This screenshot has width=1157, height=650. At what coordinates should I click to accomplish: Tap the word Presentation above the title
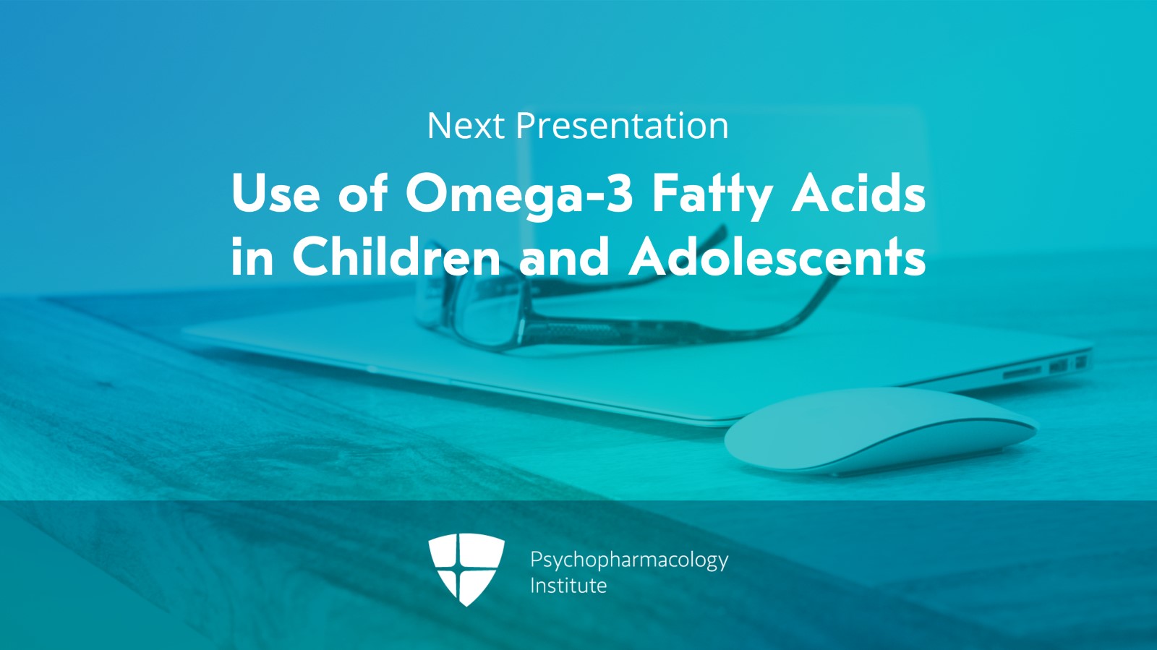pyautogui.click(x=622, y=126)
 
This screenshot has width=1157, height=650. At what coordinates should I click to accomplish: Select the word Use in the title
pyautogui.click(x=276, y=194)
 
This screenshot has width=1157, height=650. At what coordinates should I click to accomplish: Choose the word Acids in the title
pyautogui.click(x=858, y=194)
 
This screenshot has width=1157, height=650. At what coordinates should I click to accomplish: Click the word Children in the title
pyautogui.click(x=396, y=257)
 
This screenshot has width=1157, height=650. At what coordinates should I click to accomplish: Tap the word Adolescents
pyautogui.click(x=777, y=257)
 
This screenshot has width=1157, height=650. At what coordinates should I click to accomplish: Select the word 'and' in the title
pyautogui.click(x=565, y=257)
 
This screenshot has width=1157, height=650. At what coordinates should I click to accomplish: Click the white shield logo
pyautogui.click(x=466, y=568)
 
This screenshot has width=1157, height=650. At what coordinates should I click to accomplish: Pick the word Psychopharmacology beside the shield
pyautogui.click(x=628, y=560)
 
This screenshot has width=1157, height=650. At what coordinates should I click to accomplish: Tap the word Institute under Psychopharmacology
pyautogui.click(x=568, y=585)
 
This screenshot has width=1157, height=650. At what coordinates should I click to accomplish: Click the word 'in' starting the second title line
pyautogui.click(x=252, y=257)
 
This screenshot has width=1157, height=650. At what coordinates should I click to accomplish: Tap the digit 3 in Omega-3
pyautogui.click(x=619, y=194)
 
